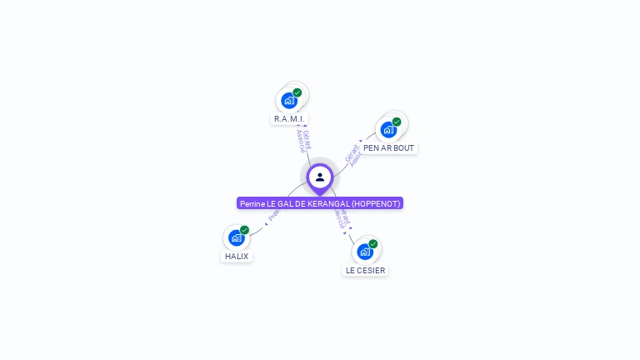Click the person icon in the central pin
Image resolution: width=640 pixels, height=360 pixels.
pos(320,177)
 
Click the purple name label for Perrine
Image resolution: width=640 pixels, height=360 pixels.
pos(320,203)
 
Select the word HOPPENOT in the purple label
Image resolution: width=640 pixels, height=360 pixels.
pos(376,203)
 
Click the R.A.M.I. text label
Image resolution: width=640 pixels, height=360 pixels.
pos(289,119)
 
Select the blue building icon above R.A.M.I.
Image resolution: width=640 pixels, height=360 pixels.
pos(288,101)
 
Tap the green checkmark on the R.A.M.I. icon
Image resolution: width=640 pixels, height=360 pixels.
pos(297,92)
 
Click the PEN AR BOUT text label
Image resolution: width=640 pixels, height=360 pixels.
pos(388,148)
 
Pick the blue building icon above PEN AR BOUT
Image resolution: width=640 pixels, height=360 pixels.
pos(387,130)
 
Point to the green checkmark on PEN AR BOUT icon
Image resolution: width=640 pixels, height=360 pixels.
pos(397,122)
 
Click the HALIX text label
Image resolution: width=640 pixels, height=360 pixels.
pos(237,257)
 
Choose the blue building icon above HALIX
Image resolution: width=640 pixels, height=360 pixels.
pos(236,238)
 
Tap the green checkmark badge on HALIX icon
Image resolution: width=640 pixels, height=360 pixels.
pos(245,230)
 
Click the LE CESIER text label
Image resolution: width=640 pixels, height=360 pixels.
pos(366,270)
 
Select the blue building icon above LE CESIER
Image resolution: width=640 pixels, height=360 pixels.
pos(364,252)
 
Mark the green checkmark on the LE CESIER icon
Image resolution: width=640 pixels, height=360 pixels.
pos(373,243)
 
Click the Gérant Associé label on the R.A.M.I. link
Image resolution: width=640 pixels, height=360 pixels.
pos(303,140)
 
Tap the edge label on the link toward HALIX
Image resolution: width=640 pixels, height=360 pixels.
pos(274,215)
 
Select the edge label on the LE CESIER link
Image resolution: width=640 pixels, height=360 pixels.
pos(342,218)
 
